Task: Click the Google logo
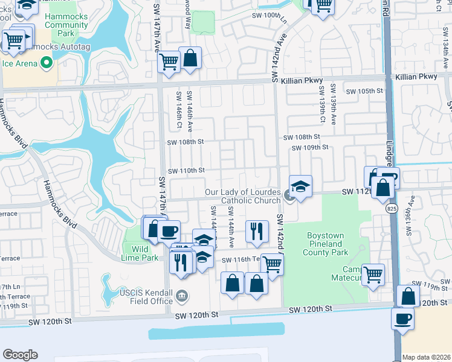20,355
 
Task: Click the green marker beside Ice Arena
46,62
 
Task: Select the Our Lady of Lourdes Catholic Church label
242,196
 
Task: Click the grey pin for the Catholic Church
289,197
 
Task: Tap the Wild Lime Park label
141,253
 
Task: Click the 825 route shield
392,208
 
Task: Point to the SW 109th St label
309,148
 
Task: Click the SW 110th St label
186,171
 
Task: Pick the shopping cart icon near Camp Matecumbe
373,274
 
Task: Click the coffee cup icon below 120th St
402,319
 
